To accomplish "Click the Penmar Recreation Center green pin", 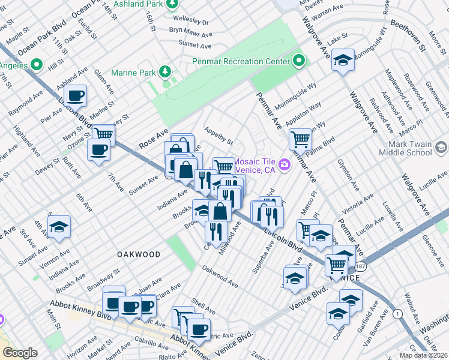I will [x=299, y=61].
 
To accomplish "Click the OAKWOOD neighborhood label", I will [x=139, y=254].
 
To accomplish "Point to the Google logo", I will [x=20, y=352].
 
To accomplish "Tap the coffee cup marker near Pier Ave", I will [x=76, y=96].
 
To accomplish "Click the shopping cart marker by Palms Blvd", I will [x=300, y=139].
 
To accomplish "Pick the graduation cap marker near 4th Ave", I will [x=59, y=227].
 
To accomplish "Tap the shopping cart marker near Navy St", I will [x=103, y=134].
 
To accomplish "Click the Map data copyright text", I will [x=423, y=355].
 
